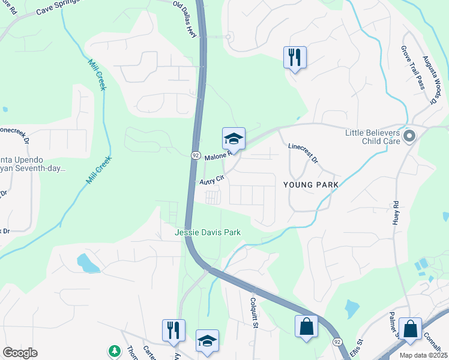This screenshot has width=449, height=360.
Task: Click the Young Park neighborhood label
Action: [x=310, y=185]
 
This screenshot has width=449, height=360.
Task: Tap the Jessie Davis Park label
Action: [x=207, y=232]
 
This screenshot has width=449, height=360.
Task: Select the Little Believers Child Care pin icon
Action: [x=410, y=137]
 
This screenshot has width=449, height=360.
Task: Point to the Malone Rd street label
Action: [x=217, y=157]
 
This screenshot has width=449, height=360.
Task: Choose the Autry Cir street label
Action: [x=212, y=179]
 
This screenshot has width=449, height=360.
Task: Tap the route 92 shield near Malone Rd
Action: [x=195, y=155]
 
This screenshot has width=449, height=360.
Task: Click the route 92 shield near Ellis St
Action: [x=337, y=342]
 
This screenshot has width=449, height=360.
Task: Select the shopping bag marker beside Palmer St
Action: [x=410, y=329]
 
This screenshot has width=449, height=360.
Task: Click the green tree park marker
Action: [x=113, y=350]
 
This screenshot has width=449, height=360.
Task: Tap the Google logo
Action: [x=20, y=353]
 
